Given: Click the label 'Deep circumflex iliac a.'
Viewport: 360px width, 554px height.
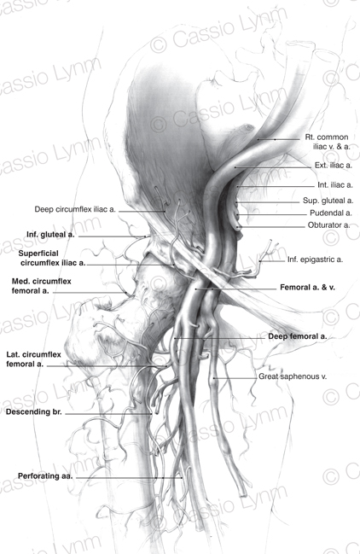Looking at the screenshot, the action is (x=75, y=209).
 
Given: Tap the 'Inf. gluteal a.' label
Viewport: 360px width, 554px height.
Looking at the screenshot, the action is (x=50, y=235).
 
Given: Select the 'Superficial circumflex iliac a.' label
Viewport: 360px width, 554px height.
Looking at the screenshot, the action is (x=52, y=259).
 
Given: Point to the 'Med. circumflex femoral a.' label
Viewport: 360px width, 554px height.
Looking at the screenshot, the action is (x=41, y=286).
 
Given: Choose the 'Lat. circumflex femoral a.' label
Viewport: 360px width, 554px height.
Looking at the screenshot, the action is (x=33, y=359).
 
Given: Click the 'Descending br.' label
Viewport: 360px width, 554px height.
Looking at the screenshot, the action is (x=34, y=412).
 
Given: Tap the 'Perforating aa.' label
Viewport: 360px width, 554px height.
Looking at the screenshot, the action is (x=45, y=476).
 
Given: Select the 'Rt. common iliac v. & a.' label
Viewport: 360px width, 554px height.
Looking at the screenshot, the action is (x=328, y=142).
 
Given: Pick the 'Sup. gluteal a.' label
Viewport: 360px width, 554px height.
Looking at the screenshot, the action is (x=328, y=201).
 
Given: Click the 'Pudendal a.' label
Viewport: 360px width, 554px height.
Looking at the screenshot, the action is (x=331, y=213).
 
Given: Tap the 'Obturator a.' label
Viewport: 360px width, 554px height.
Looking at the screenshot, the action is (x=328, y=225).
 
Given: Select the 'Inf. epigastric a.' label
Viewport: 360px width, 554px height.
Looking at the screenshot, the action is (x=315, y=260).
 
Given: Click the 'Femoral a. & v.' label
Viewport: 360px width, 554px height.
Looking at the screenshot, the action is (x=307, y=288).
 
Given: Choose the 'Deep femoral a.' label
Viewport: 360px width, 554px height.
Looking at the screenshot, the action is (x=298, y=336).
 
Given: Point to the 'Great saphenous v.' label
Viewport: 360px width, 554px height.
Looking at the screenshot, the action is (x=293, y=376).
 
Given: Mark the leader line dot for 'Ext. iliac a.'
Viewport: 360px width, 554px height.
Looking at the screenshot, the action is (x=235, y=167).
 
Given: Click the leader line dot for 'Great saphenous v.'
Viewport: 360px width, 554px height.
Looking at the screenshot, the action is (x=214, y=378).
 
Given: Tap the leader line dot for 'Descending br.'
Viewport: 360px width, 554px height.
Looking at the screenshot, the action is (x=152, y=414).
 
